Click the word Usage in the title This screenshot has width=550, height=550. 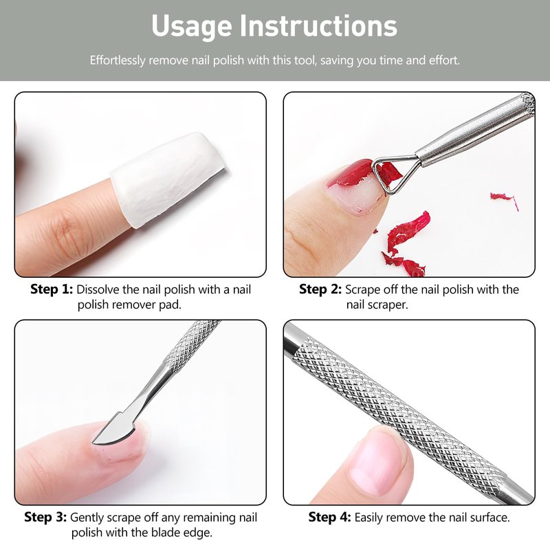[192, 27]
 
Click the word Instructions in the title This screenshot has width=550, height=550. [318, 25]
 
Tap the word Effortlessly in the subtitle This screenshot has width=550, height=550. [118, 60]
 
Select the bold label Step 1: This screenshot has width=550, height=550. [52, 289]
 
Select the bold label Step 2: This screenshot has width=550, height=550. [320, 289]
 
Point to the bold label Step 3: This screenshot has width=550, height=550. [45, 517]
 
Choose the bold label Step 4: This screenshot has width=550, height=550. [330, 517]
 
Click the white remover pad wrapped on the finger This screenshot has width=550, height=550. [169, 178]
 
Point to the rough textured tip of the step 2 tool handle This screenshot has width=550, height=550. [527, 104]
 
